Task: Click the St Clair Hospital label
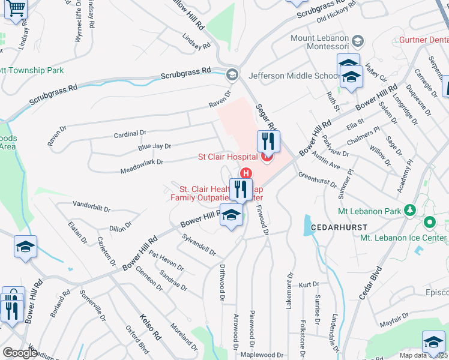(x=228, y=157)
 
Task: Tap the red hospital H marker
(x=246, y=173)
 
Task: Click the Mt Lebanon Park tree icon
(x=411, y=210)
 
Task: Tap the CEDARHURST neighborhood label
(x=335, y=228)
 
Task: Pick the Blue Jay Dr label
(x=154, y=146)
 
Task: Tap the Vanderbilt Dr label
(x=91, y=207)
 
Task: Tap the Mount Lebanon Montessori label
(x=319, y=43)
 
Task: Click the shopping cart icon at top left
(x=16, y=9)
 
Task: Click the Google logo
(x=20, y=352)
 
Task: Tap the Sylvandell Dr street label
(x=199, y=243)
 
